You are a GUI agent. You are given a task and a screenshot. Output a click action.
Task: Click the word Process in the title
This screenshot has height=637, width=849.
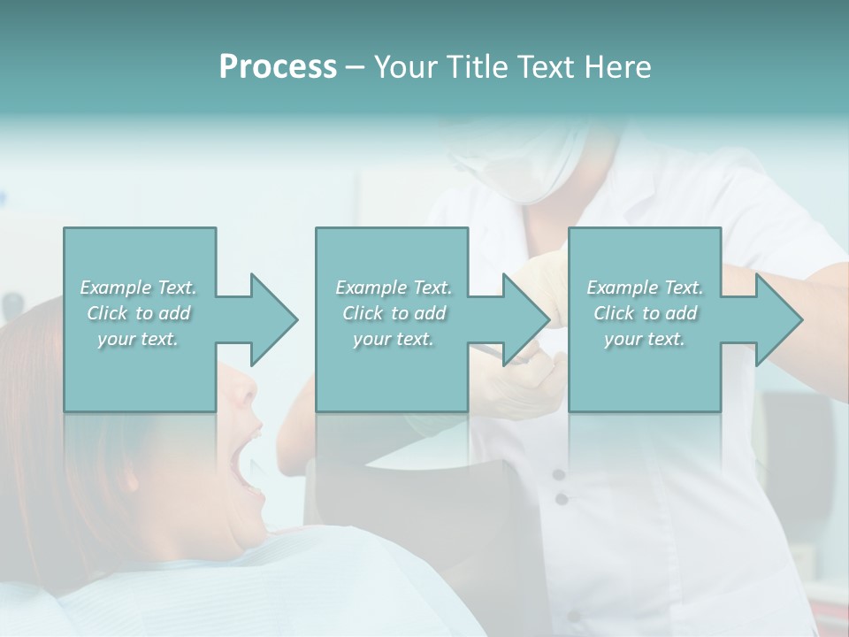(278, 67)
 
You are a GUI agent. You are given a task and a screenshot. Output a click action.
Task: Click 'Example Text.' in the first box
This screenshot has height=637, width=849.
(139, 288)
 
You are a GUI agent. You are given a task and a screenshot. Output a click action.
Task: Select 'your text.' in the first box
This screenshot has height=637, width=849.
(139, 339)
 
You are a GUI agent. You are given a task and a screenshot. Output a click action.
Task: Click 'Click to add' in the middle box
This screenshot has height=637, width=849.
(394, 313)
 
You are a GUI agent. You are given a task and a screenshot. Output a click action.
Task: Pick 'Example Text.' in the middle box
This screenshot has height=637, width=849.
(394, 288)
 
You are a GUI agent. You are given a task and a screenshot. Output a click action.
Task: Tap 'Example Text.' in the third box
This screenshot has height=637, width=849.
(645, 288)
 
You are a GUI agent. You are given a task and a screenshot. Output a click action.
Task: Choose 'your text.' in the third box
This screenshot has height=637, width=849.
(645, 339)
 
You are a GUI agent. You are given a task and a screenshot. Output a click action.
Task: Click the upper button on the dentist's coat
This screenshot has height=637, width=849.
(559, 475)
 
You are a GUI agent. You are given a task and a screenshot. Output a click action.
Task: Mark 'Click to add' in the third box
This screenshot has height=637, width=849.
(645, 313)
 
